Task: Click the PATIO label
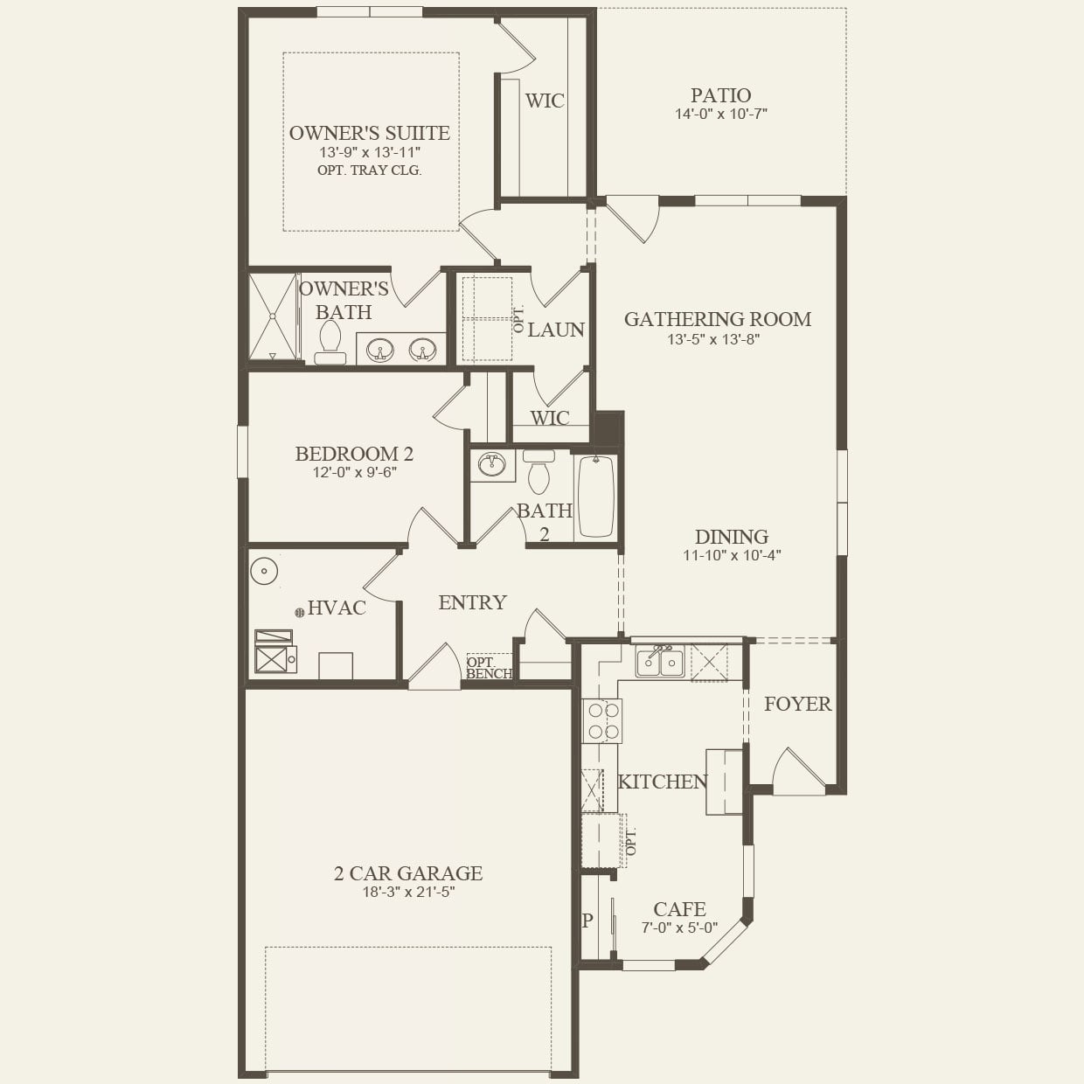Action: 720,94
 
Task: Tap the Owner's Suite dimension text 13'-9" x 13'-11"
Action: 370,152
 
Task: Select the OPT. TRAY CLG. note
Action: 369,170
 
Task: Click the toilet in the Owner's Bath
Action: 330,342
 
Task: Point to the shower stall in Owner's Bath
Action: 273,316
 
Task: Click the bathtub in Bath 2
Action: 596,496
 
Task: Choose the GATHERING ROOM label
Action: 717,319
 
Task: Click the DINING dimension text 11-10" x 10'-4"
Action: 732,555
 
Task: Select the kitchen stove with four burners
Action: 602,721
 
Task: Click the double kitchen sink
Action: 660,662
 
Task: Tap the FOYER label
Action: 797,704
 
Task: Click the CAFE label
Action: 679,909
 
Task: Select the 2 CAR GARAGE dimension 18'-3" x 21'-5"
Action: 408,893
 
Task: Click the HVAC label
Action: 337,608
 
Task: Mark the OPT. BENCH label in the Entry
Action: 489,668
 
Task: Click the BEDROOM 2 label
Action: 354,454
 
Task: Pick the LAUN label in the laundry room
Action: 556,330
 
